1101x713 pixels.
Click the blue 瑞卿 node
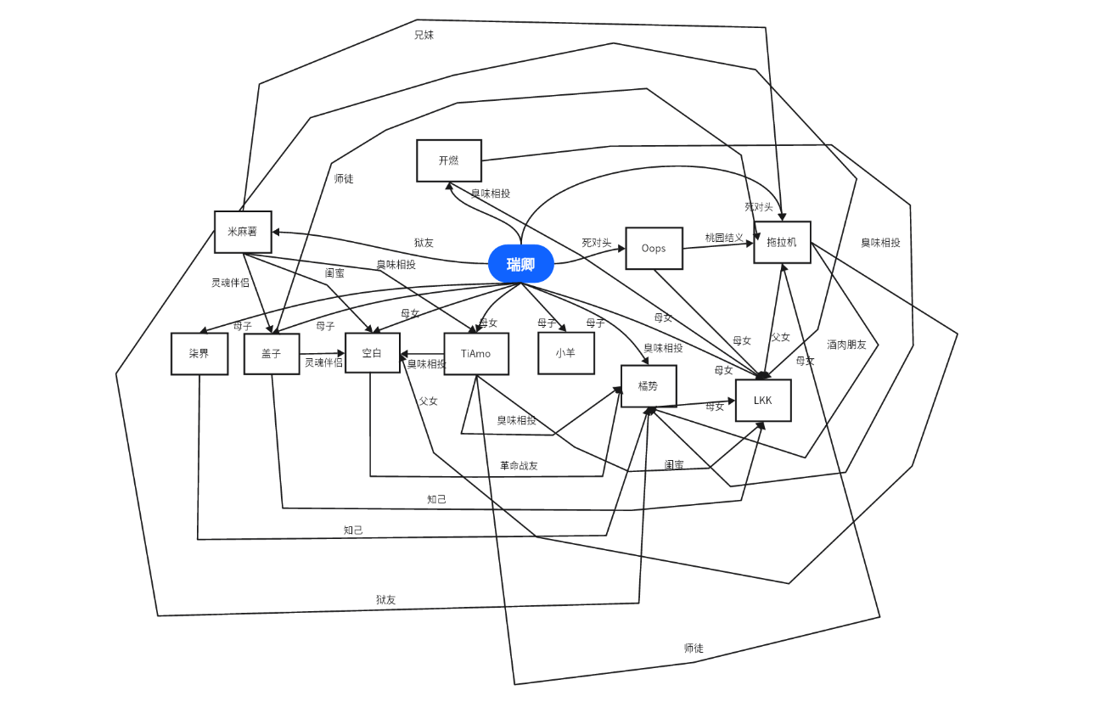521,264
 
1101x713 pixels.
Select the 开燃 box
449,160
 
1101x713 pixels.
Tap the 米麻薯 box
243,232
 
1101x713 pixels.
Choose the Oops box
654,249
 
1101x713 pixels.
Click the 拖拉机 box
782,242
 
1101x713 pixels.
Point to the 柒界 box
199,354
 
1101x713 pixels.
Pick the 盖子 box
272,354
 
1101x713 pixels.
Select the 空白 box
372,353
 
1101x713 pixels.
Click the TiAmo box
475,354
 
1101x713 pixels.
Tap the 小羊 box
565,353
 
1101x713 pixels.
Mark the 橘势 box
649,386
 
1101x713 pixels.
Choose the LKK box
763,401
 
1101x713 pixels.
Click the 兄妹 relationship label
424,36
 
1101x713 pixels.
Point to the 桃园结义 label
724,239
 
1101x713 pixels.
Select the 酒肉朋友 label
846,345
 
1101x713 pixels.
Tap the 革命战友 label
519,466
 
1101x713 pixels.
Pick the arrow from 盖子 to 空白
323,353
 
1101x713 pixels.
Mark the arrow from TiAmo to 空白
422,353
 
